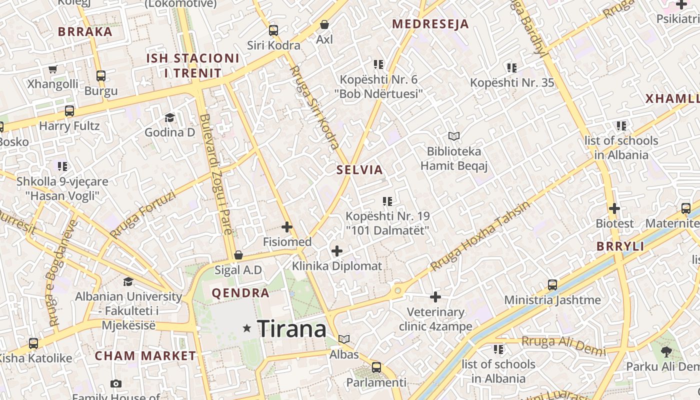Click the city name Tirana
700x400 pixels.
point(292,329)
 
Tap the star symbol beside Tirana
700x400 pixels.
point(246,328)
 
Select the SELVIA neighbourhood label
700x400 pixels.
point(359,170)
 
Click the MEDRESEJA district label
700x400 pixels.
point(430,24)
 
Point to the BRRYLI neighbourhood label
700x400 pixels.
point(620,246)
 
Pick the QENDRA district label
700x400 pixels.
point(240,293)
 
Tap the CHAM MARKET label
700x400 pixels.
point(145,356)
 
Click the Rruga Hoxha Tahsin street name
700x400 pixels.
point(479,236)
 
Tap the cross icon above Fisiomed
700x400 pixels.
point(287,227)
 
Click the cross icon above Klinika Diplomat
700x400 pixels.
point(337,250)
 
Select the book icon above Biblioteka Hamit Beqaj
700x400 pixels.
point(454,136)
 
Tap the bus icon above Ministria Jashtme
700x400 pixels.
point(552,285)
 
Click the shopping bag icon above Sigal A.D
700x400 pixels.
point(238,255)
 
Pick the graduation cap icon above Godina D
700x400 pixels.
point(169,117)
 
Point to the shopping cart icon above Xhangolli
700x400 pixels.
point(52,69)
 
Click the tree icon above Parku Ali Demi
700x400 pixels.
point(666,351)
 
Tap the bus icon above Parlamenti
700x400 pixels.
point(376,367)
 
